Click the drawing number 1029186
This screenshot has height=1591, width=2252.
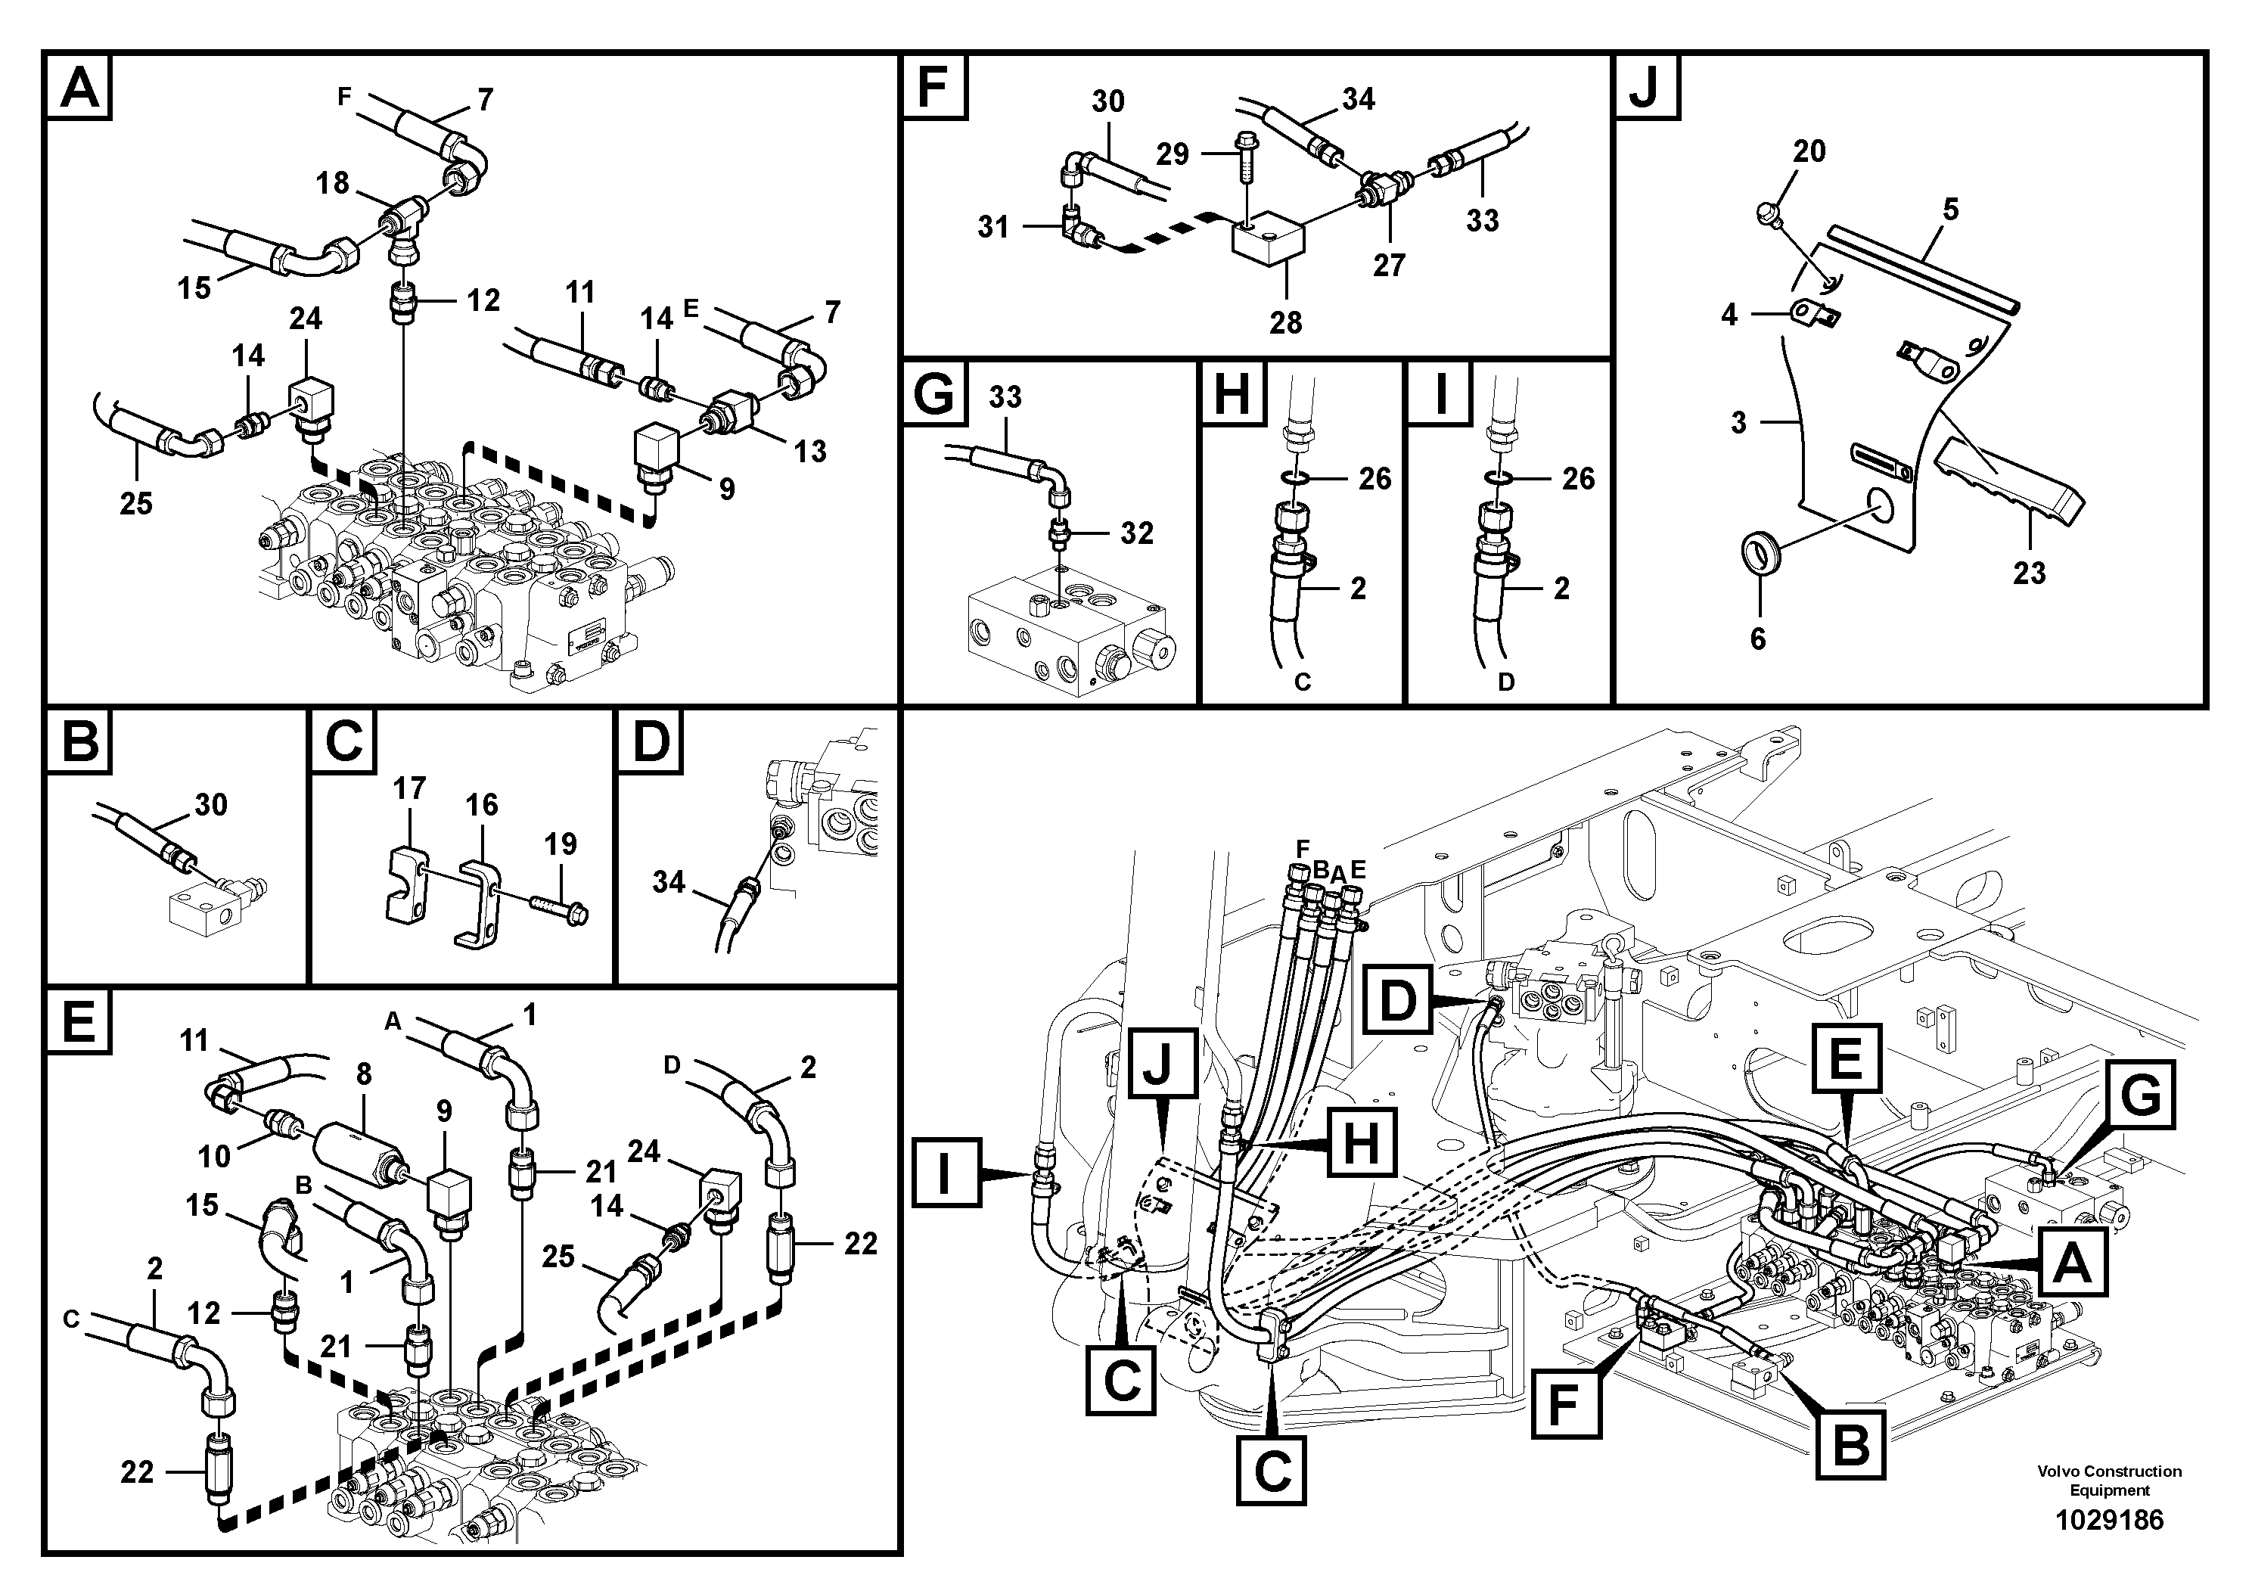coord(2109,1521)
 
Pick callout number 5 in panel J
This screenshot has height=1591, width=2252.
coord(1950,209)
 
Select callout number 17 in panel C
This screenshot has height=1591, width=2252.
coord(409,788)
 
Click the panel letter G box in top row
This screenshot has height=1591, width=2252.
coord(933,396)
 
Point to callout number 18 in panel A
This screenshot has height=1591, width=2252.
coord(333,182)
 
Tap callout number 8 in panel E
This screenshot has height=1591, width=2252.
coord(364,1074)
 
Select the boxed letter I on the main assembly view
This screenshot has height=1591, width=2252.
coord(946,1171)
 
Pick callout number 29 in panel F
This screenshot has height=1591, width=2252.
coord(1172,154)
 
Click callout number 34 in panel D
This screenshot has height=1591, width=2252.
coord(668,882)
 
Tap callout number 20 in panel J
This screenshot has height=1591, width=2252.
coord(1809,151)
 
